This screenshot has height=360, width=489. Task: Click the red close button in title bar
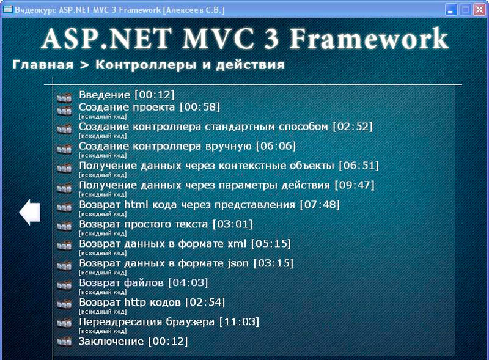480,10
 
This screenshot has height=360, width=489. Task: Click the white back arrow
30,212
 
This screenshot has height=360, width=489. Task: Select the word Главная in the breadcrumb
43,65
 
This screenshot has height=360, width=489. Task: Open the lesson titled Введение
105,95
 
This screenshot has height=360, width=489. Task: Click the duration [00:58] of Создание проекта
200,108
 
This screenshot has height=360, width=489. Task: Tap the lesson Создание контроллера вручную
165,146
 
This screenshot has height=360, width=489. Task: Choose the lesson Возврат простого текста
143,224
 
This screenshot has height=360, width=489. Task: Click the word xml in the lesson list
237,244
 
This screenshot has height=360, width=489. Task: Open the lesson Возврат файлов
121,282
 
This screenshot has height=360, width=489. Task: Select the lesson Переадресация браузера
147,322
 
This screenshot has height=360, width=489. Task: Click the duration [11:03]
239,322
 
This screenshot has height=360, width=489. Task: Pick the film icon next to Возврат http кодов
65,304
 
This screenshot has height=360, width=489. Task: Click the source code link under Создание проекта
103,117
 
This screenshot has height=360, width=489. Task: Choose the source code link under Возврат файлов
103,292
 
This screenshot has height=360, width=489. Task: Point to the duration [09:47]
355,185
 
